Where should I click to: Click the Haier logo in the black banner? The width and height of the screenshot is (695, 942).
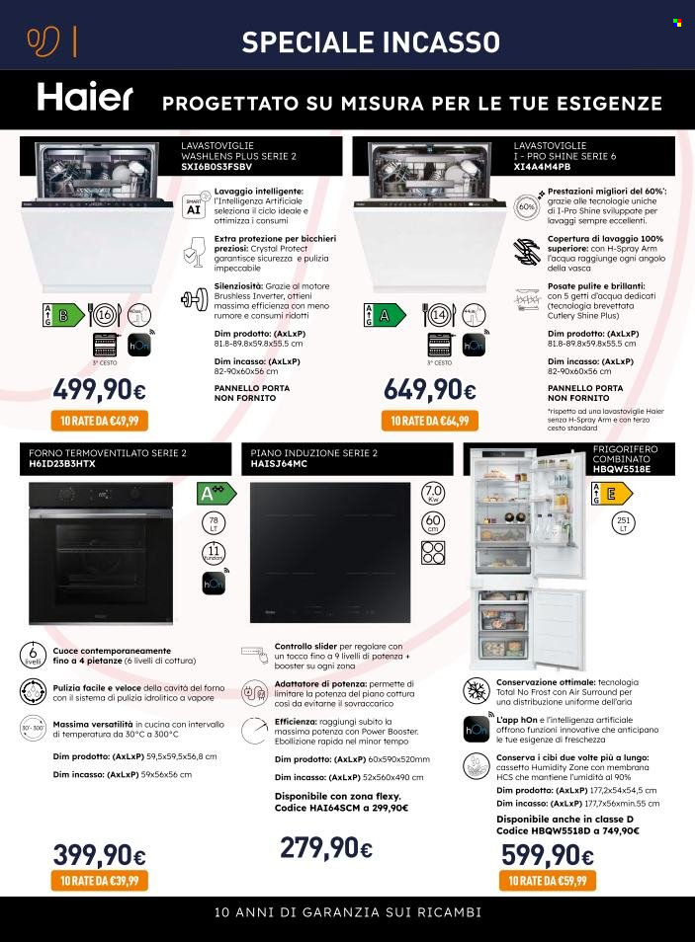85,98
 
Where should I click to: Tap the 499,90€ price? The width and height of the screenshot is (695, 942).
99,390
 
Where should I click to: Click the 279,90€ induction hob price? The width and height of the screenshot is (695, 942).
325,847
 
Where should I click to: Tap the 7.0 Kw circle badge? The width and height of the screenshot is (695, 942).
433,493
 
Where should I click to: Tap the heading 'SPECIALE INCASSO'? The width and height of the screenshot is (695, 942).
371,41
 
